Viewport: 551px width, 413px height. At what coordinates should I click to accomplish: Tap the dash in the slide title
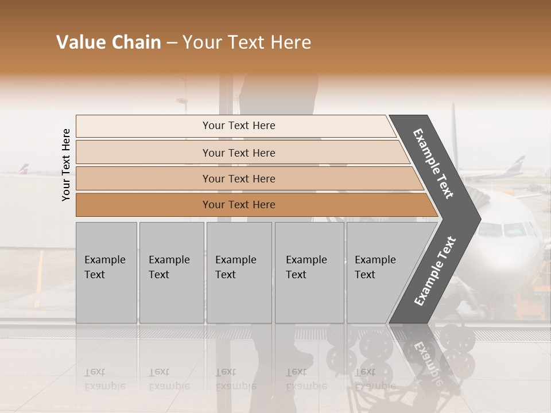(172, 43)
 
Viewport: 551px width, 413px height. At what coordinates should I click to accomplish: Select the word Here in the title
(290, 42)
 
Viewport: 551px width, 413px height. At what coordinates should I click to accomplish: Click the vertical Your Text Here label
(66, 165)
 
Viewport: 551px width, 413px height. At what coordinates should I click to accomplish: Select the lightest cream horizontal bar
(235, 126)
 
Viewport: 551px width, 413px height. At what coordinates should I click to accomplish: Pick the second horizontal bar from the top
(238, 153)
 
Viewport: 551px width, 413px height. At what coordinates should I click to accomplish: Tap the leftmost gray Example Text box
(106, 272)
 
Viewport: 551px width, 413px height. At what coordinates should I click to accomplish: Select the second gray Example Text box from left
(171, 272)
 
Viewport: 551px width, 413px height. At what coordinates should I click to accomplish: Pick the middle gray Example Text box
(239, 272)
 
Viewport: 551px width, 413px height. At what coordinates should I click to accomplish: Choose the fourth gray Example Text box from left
(309, 272)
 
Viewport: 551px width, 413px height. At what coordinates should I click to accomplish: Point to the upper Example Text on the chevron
(433, 163)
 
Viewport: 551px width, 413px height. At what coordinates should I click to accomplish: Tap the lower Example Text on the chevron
(435, 271)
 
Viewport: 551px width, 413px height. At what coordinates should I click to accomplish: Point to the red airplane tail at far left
(22, 169)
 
